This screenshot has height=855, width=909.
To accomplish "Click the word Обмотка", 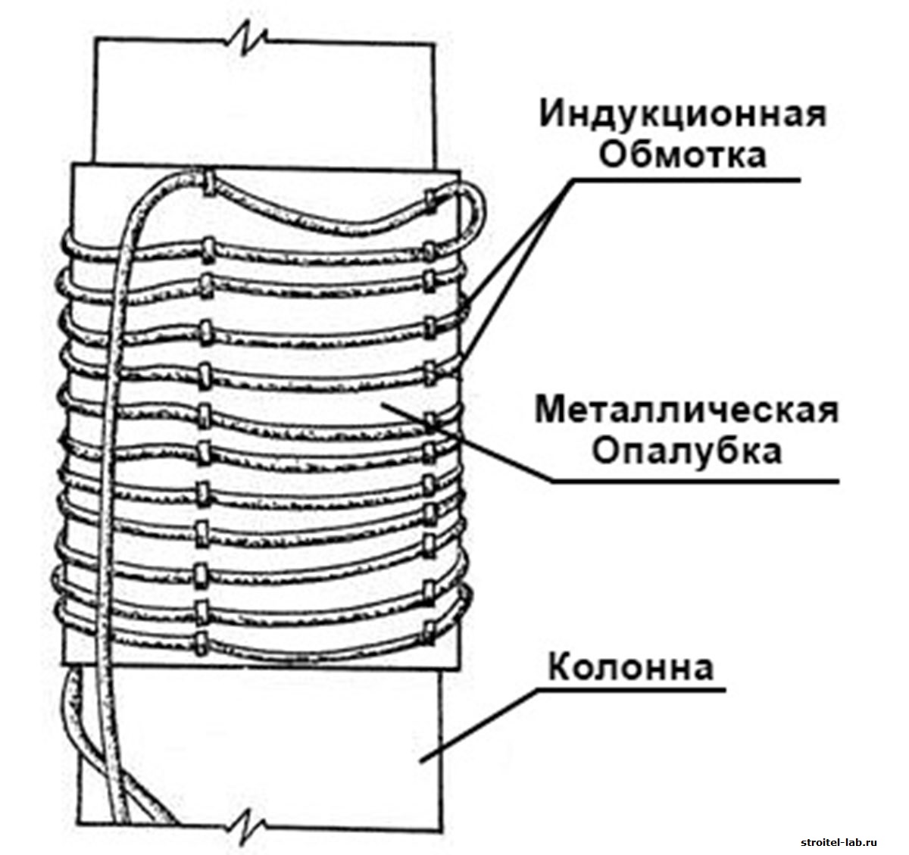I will (683, 155).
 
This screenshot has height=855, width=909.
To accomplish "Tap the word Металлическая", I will (687, 411).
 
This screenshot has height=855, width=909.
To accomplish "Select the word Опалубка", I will (686, 452).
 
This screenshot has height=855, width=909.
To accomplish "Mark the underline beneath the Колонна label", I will (629, 690).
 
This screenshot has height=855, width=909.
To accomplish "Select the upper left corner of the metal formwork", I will (71, 167).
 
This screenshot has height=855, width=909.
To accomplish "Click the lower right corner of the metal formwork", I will (459, 670).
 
